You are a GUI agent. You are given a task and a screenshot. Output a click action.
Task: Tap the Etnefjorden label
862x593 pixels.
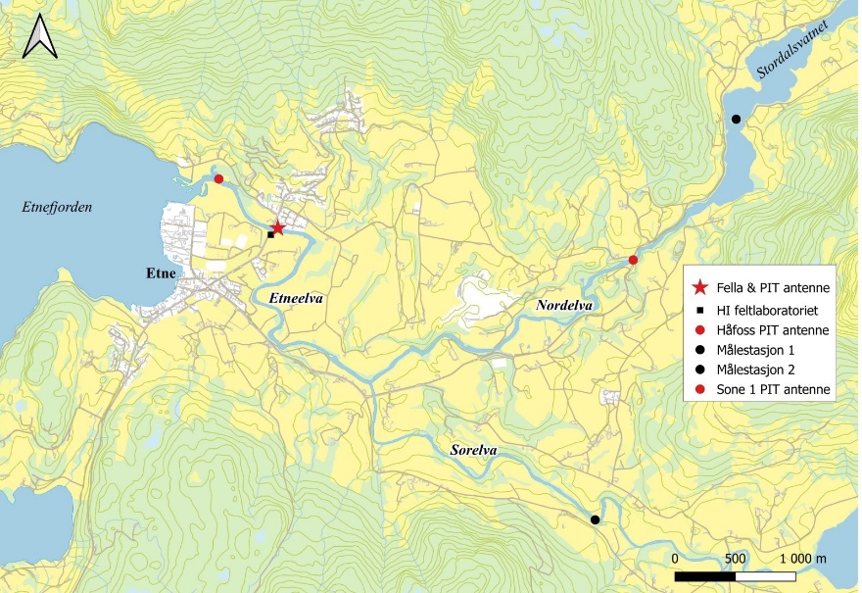[x=56, y=206]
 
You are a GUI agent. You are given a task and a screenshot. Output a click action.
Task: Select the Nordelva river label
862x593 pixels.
[x=565, y=307]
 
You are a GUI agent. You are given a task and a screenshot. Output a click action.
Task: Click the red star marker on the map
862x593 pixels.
[x=277, y=228]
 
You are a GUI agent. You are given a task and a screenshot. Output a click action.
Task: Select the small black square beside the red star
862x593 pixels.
[x=270, y=235]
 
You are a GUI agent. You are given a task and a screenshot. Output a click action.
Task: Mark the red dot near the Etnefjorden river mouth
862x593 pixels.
[x=218, y=178]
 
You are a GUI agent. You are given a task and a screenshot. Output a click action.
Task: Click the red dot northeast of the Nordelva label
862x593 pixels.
[x=633, y=260]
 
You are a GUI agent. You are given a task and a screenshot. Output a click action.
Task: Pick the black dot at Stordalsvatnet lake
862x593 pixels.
[x=736, y=119]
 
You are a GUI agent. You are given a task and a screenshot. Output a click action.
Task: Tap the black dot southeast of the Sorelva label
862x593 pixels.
[x=595, y=519]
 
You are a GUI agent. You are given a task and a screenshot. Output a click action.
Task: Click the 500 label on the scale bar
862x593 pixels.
[x=735, y=557]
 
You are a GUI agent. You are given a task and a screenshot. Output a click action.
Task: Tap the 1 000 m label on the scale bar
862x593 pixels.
[x=802, y=557]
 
